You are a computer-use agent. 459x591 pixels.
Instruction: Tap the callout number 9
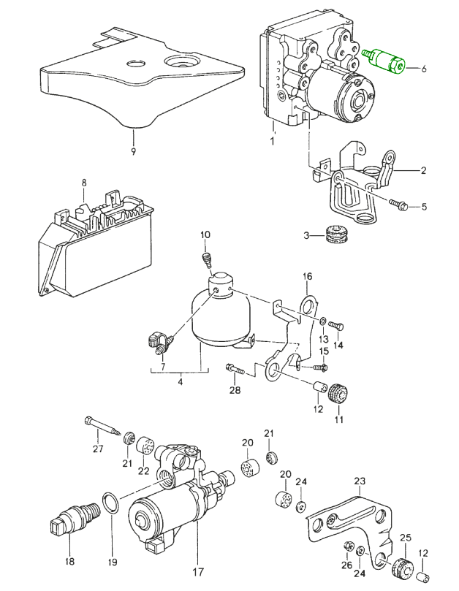pyautogui.click(x=133, y=151)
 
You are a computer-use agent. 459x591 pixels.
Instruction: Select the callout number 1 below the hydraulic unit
pyautogui.click(x=271, y=141)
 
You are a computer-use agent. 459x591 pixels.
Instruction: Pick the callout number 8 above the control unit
pyautogui.click(x=84, y=183)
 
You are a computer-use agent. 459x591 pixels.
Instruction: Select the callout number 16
pyautogui.click(x=308, y=276)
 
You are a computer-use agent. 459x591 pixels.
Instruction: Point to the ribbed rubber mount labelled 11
pyautogui.click(x=338, y=394)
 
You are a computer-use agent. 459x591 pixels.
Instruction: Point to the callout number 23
pyautogui.click(x=359, y=481)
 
